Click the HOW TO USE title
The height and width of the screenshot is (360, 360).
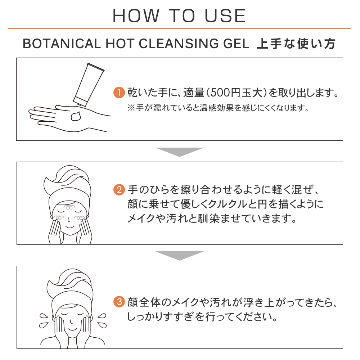[x=179, y=15]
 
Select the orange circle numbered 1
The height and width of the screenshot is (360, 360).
[x=118, y=93]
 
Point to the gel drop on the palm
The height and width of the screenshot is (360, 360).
[x=76, y=116]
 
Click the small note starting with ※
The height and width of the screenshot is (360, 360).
[x=218, y=108]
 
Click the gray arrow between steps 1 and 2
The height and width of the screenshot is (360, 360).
[x=179, y=152]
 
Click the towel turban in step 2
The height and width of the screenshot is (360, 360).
[x=68, y=184]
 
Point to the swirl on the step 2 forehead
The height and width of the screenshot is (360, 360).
[x=68, y=208]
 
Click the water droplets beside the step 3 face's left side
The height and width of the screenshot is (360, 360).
[x=44, y=318]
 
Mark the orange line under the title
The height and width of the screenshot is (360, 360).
[x=179, y=28]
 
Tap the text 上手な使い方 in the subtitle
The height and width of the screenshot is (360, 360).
[x=296, y=44]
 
